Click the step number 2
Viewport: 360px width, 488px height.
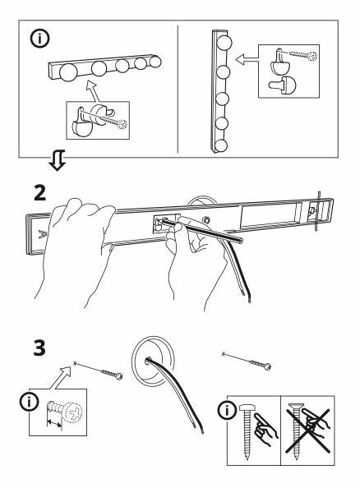pyautogui.click(x=39, y=193)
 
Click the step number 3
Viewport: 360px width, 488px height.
pyautogui.click(x=39, y=348)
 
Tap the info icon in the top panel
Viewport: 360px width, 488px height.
pyautogui.click(x=39, y=39)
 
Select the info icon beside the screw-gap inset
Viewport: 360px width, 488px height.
pyautogui.click(x=30, y=402)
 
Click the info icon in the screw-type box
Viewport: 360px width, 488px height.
pyautogui.click(x=227, y=410)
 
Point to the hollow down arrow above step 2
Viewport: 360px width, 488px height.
pyautogui.click(x=58, y=160)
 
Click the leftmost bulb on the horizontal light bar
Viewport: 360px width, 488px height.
pyautogui.click(x=68, y=72)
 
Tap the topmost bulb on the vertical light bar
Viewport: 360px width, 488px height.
pyautogui.click(x=224, y=43)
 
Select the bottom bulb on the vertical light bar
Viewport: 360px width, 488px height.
pyautogui.click(x=221, y=145)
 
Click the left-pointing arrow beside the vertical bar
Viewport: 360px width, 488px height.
pyautogui.click(x=247, y=59)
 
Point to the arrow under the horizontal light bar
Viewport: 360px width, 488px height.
pyautogui.click(x=93, y=91)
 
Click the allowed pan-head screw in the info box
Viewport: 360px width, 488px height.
pyautogui.click(x=247, y=431)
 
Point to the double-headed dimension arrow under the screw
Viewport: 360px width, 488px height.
pyautogui.click(x=54, y=423)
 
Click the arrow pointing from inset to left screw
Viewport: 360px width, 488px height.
pyautogui.click(x=61, y=377)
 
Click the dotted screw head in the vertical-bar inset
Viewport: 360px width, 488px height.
pyautogui.click(x=312, y=57)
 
